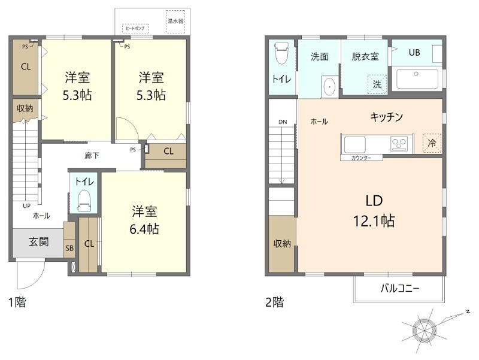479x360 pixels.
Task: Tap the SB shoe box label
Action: pyautogui.click(x=69, y=247)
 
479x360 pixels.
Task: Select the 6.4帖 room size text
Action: pyautogui.click(x=145, y=228)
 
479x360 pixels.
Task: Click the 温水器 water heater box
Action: pyautogui.click(x=175, y=20)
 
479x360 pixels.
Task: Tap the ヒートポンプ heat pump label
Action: pyautogui.click(x=134, y=28)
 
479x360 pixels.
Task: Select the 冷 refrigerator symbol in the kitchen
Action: pyautogui.click(x=431, y=143)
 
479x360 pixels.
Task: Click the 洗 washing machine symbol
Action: pyautogui.click(x=377, y=84)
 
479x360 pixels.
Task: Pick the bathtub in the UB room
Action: pyautogui.click(x=417, y=79)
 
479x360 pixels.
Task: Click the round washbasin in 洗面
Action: pyautogui.click(x=329, y=87)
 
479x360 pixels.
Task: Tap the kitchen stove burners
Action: pyautogui.click(x=399, y=144)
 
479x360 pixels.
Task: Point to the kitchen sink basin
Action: pyautogui.click(x=354, y=144)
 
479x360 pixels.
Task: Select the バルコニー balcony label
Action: pyautogui.click(x=399, y=288)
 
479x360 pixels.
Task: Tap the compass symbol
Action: pyautogui.click(x=423, y=328)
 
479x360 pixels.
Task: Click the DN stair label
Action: pyautogui.click(x=283, y=122)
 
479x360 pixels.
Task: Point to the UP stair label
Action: pyautogui.click(x=26, y=205)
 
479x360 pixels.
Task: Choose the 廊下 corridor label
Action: pyautogui.click(x=92, y=156)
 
